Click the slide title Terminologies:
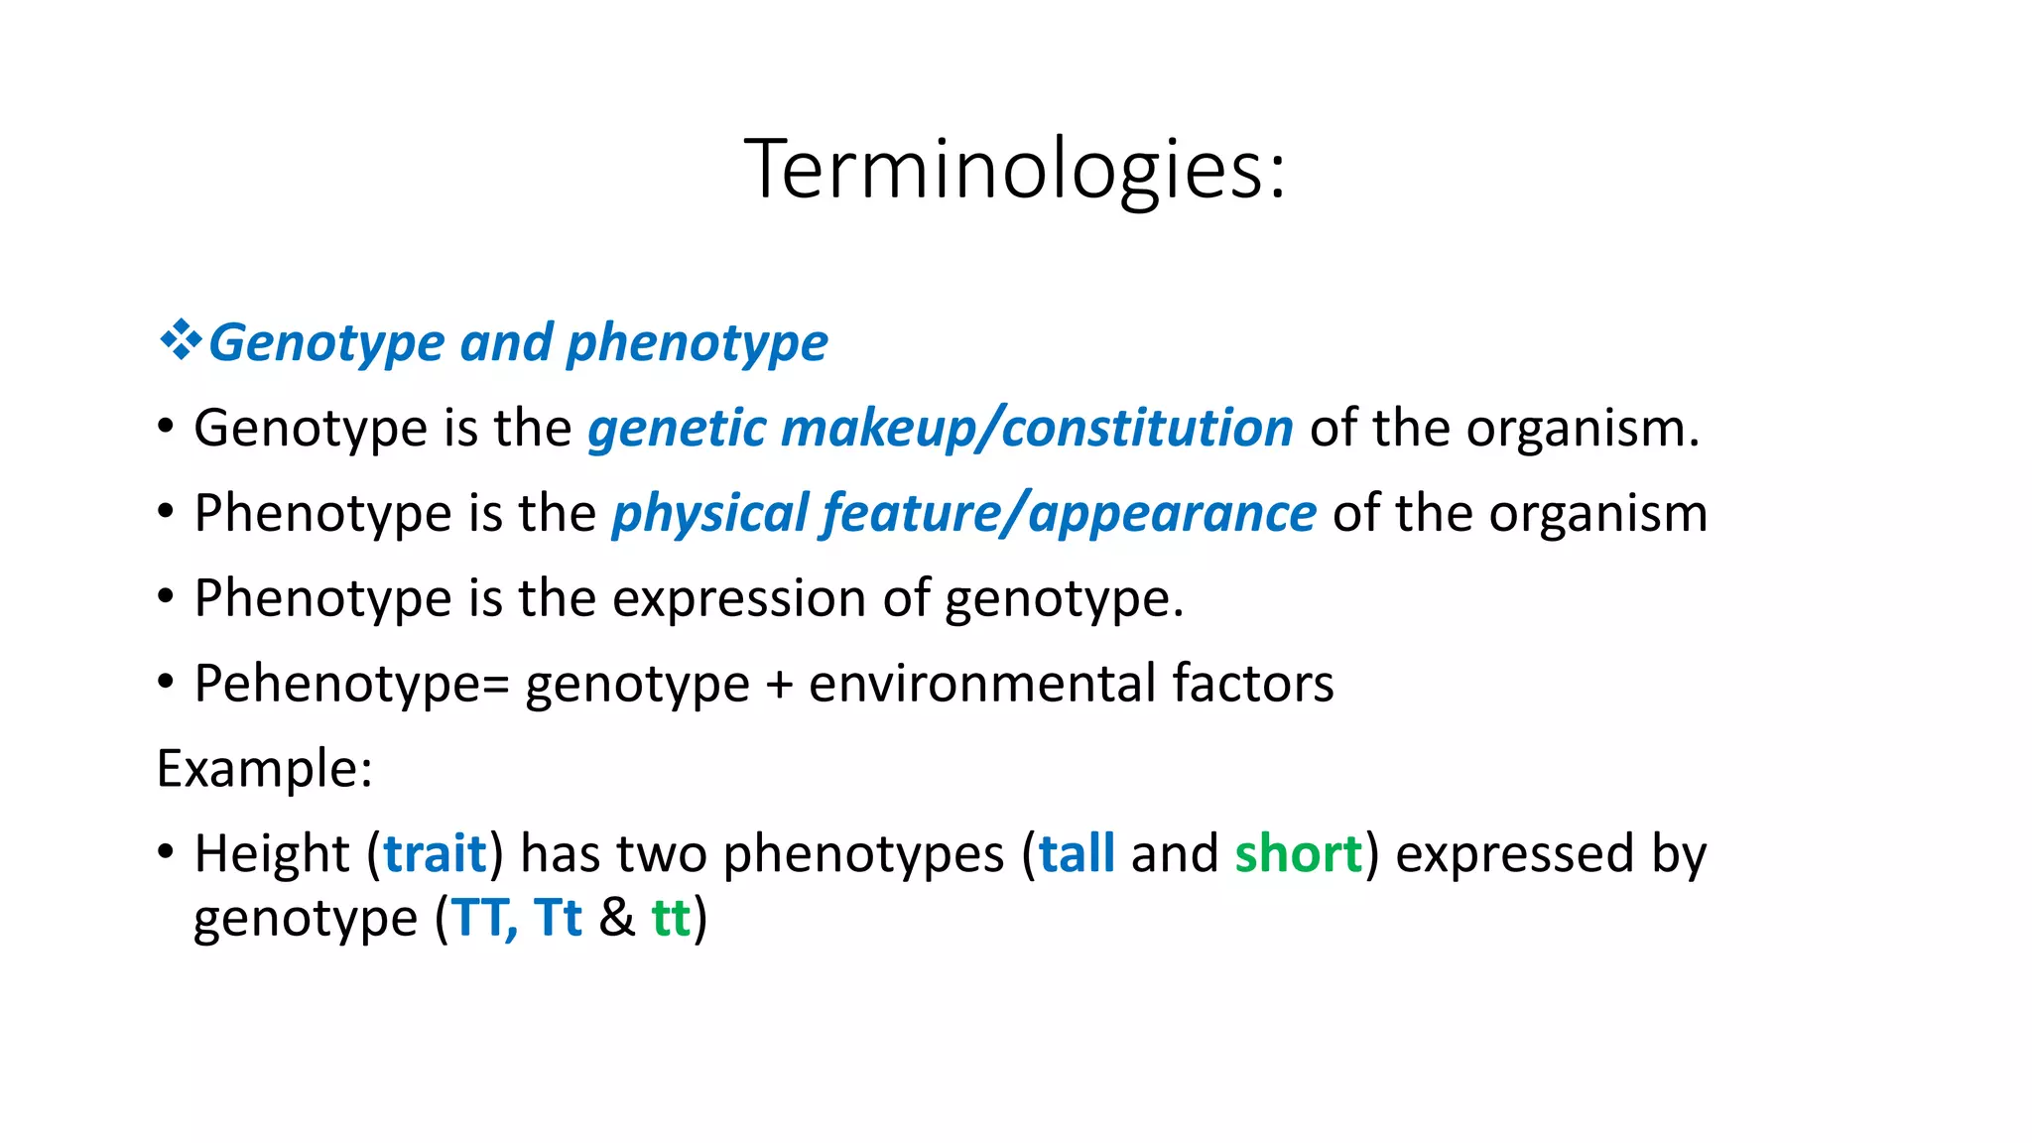[1015, 170]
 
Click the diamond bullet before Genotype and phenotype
[180, 341]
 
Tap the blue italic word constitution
[1147, 429]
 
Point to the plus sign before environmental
[780, 685]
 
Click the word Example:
[265, 769]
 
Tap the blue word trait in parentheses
[435, 854]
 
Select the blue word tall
[1077, 854]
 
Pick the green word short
[1298, 854]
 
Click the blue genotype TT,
[484, 918]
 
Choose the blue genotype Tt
[558, 918]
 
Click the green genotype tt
[671, 918]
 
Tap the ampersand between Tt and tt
[616, 918]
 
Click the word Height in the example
[272, 854]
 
